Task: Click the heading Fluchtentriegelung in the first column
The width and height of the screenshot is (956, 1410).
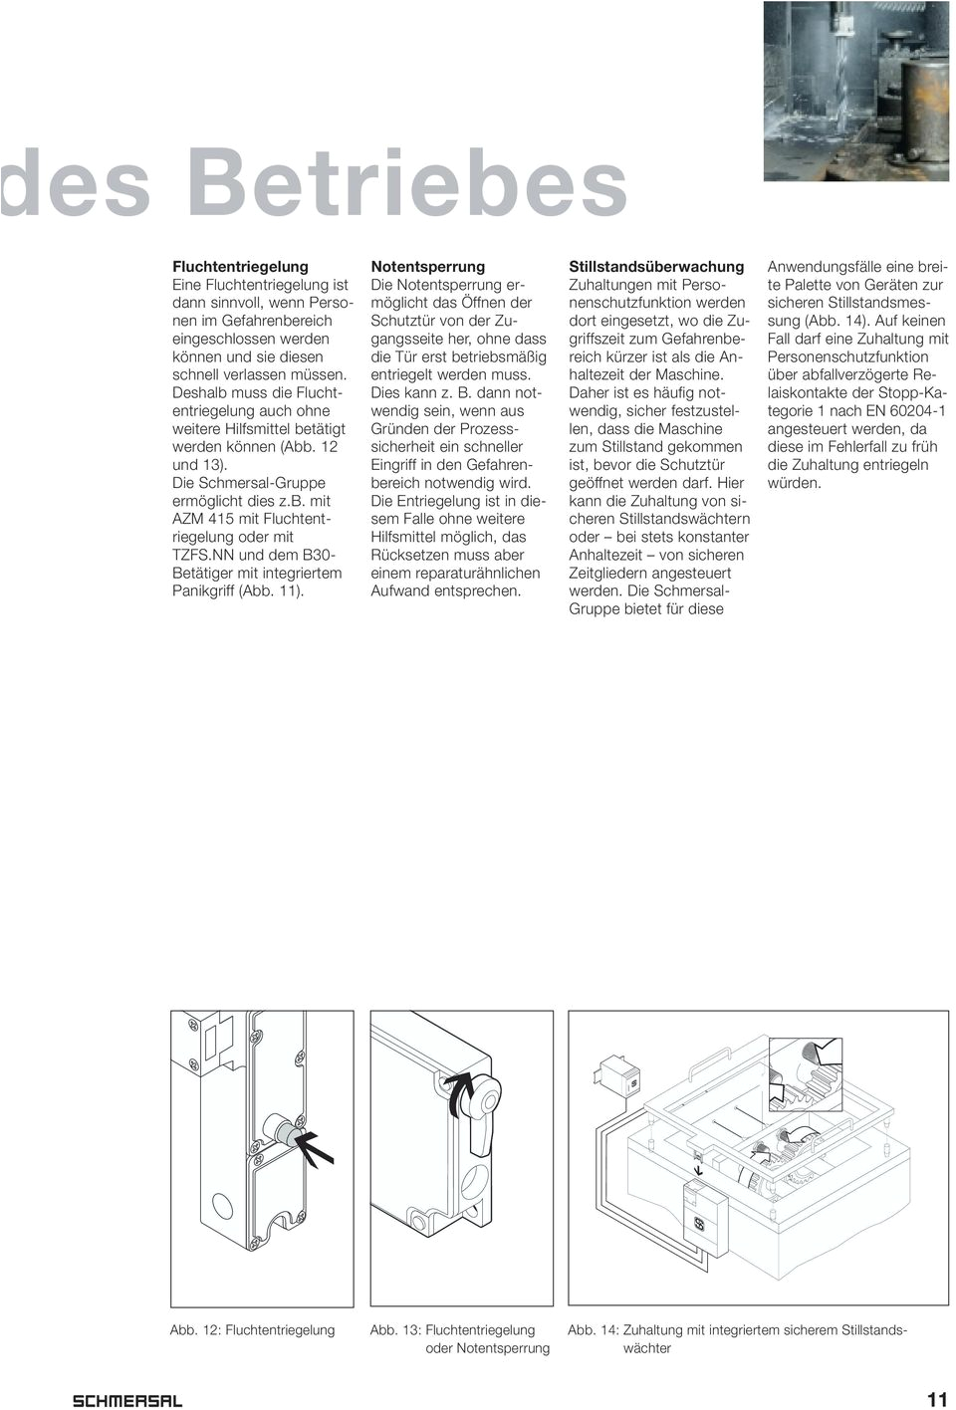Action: coord(240,267)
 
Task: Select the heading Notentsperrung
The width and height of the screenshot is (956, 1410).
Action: coord(427,267)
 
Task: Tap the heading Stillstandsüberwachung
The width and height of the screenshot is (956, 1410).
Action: coord(655,267)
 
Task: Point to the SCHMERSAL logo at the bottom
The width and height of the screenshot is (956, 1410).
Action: coord(127,1400)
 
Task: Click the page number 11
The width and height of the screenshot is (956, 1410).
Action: coord(936,1399)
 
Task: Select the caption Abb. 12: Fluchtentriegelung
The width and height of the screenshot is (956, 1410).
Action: coord(252,1329)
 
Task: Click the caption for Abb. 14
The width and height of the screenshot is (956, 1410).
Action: coord(737,1338)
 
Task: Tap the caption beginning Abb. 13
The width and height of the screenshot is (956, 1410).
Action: coord(459,1338)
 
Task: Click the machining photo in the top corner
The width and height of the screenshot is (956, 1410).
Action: coord(858,90)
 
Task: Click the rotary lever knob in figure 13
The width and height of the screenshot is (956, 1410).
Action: coord(482,1095)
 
